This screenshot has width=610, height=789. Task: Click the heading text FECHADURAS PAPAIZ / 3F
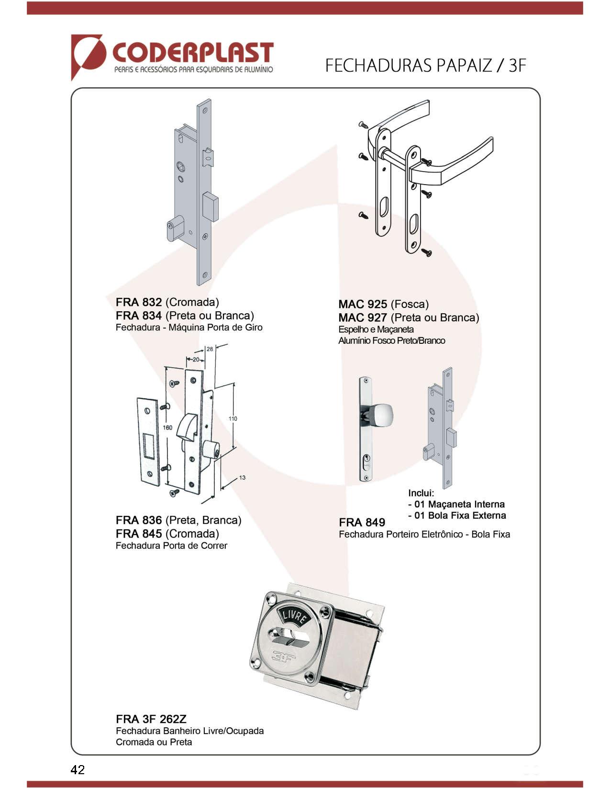425,66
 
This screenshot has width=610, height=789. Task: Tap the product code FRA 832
139,302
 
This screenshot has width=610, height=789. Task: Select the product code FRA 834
139,316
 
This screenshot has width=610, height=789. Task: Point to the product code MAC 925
363,304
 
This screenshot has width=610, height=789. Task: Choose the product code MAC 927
363,318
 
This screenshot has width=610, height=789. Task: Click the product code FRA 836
139,520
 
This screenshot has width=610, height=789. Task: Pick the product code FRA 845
139,534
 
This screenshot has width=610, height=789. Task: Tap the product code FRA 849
362,523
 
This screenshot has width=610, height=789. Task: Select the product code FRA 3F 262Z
151,719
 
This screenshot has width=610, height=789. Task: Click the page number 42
78,769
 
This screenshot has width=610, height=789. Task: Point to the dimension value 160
167,427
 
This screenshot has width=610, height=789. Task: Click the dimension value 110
233,419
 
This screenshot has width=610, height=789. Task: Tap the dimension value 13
242,478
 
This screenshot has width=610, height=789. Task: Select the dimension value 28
210,349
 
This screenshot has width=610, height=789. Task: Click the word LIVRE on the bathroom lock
293,616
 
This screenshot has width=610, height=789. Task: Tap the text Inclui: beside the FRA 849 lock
421,493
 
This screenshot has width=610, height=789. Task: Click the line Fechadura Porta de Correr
171,546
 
